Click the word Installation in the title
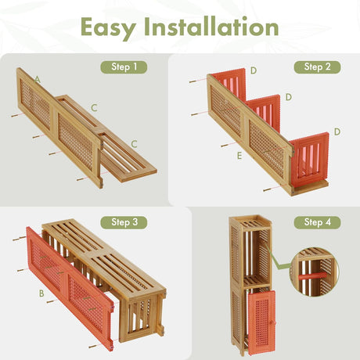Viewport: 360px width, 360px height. (213, 27)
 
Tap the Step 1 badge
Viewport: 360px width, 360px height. (124, 67)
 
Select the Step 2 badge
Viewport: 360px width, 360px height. (317, 67)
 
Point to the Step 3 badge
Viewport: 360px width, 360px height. (124, 222)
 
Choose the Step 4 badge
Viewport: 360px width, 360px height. (317, 222)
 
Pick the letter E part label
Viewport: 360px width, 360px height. (239, 156)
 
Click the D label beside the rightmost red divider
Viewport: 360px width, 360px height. (337, 131)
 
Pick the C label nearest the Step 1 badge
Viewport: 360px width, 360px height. (94, 107)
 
